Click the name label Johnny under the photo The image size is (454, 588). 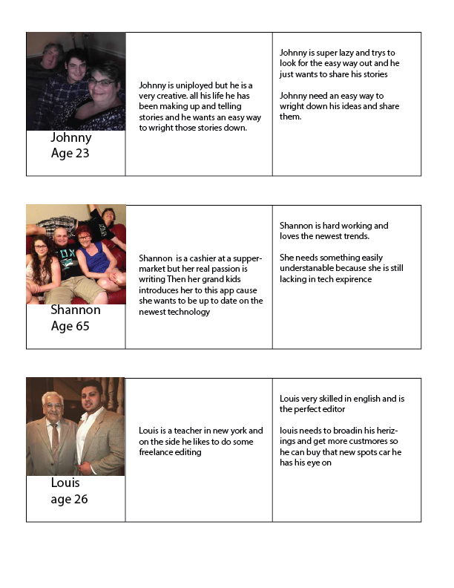click(70, 138)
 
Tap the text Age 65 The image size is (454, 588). click(70, 326)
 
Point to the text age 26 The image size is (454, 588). click(69, 500)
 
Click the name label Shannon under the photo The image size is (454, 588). click(75, 310)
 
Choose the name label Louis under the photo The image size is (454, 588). click(65, 483)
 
